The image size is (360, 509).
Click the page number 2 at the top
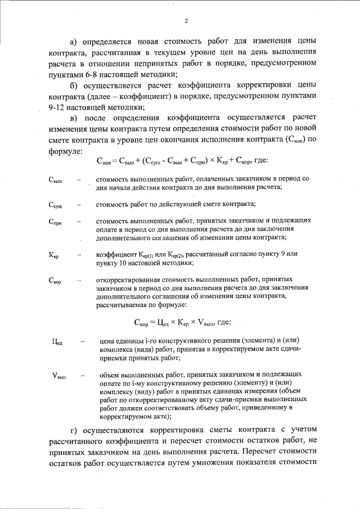click(x=185, y=22)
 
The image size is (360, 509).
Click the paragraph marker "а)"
click(x=73, y=42)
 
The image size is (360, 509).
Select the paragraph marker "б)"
click(x=73, y=85)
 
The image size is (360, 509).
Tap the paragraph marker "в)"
click(x=73, y=118)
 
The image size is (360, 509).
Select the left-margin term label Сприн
click(x=56, y=223)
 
